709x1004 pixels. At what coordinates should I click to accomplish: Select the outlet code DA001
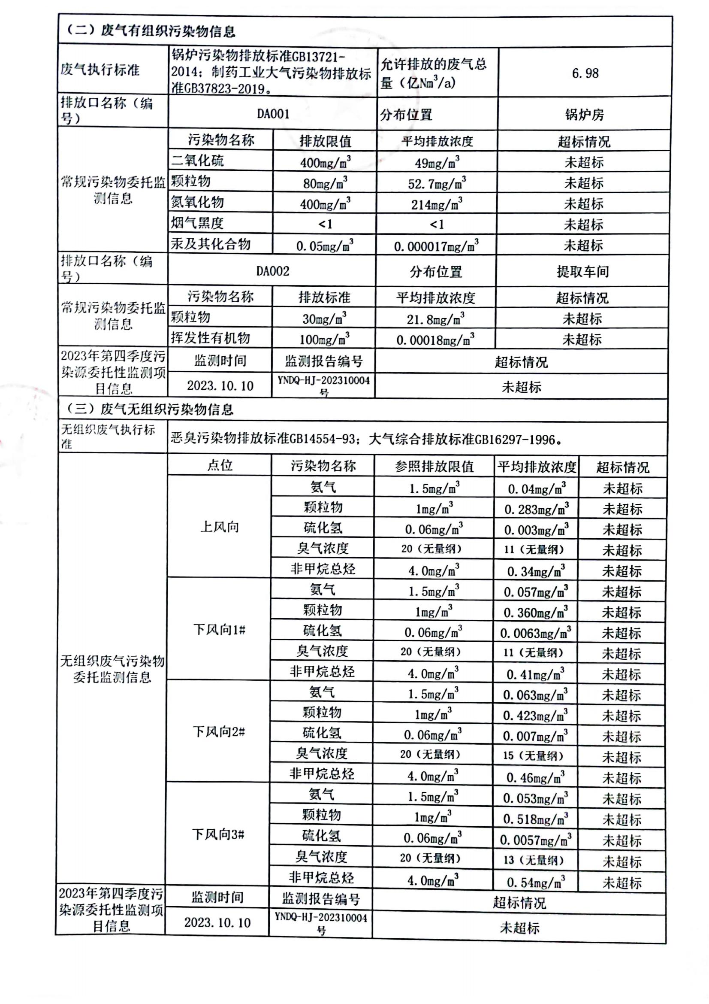coord(273,114)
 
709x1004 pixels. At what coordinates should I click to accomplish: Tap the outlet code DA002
coord(273,271)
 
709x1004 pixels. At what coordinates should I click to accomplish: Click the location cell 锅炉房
coord(584,115)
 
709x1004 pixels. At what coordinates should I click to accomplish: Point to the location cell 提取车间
coord(582,272)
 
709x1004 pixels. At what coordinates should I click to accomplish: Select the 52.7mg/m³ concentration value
coord(436,183)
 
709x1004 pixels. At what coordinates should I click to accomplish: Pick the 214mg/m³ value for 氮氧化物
coord(436,204)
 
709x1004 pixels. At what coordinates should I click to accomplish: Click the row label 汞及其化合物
coord(211,244)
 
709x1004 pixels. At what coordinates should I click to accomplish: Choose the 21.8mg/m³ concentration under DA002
coord(435,319)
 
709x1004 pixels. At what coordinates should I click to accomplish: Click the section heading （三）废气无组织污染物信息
coord(150,409)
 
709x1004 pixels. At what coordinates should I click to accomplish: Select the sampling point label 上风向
coord(219,527)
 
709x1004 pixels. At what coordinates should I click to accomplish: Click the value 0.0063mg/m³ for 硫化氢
coord(535,633)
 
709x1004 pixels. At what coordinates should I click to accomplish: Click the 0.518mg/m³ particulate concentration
coord(535,819)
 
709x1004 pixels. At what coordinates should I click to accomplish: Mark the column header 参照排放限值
coord(434,467)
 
